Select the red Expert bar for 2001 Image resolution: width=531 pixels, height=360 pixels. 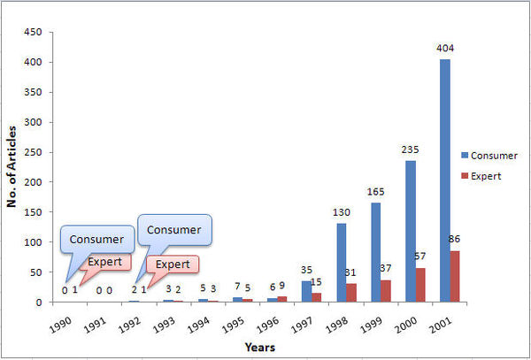[x=455, y=276]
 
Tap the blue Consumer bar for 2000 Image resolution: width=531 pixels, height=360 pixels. [x=410, y=231]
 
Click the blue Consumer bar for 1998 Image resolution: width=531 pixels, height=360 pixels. [x=341, y=263]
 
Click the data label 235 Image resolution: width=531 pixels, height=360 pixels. [x=411, y=150]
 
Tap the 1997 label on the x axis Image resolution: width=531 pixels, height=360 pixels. [x=302, y=321]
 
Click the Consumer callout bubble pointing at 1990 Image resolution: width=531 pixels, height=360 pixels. [x=96, y=239]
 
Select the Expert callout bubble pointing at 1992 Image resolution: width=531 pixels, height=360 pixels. [x=173, y=264]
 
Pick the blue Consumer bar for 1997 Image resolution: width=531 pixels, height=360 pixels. [x=306, y=291]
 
